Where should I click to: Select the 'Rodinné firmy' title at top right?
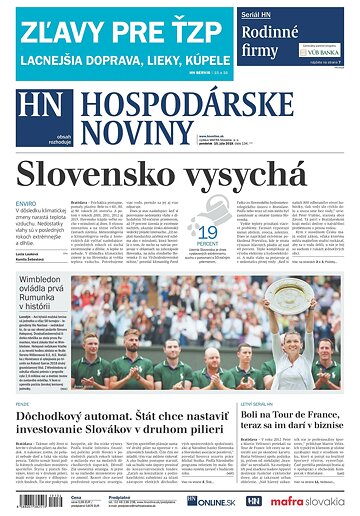[276, 37]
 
